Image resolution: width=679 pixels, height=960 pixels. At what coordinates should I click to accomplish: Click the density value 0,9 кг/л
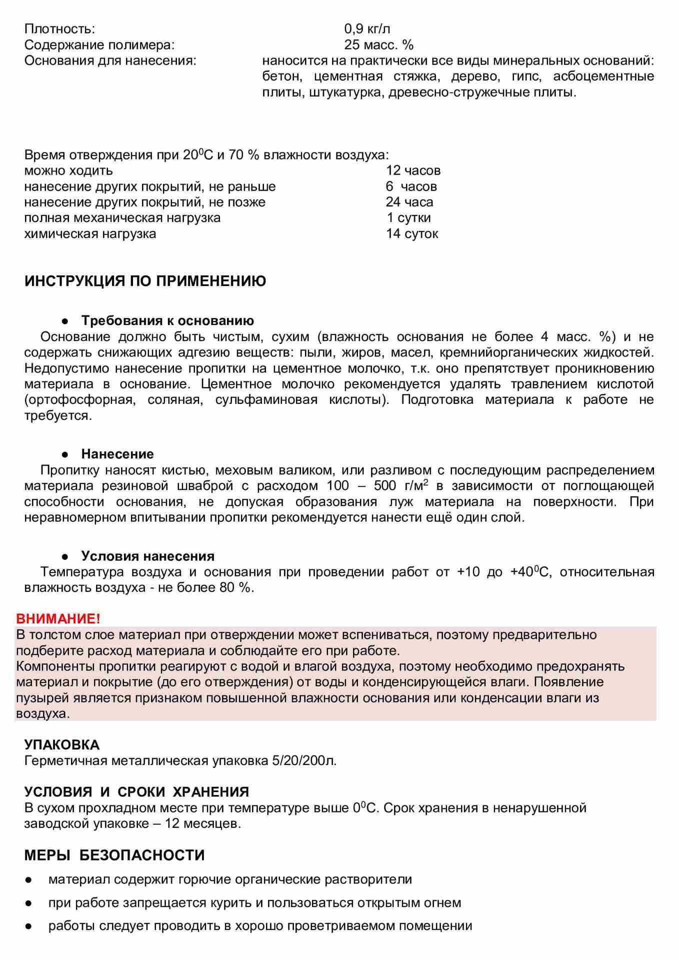[367, 29]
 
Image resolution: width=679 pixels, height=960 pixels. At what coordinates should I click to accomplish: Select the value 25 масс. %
[378, 45]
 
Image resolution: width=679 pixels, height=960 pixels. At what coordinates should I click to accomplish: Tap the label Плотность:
[59, 29]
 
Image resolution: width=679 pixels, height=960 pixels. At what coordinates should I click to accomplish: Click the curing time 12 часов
[413, 170]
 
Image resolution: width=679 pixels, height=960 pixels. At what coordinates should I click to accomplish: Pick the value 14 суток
[412, 233]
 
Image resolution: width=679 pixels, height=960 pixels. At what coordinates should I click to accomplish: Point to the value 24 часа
[409, 202]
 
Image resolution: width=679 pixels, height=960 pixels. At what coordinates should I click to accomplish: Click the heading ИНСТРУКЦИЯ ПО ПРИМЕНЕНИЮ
[145, 281]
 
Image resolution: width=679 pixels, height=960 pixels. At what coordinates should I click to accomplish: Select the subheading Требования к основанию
[167, 320]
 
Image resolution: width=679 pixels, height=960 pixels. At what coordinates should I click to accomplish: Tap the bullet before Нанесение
[64, 454]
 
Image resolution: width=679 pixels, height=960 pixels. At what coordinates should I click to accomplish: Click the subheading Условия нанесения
[147, 556]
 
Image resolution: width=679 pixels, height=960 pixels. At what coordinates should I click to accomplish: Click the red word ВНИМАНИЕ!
[58, 618]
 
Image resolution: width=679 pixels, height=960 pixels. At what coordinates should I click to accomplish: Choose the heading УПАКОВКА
[62, 744]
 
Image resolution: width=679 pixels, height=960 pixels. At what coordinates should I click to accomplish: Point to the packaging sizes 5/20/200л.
[304, 760]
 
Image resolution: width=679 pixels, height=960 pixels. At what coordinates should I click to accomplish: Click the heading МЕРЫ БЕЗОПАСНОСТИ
[114, 855]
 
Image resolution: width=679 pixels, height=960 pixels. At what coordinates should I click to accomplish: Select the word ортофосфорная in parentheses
[79, 400]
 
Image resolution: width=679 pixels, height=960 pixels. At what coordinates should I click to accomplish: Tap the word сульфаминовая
[266, 400]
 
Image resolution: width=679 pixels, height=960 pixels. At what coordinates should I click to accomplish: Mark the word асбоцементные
[603, 76]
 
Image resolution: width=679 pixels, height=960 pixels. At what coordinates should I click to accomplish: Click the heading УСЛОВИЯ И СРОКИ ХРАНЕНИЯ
[136, 792]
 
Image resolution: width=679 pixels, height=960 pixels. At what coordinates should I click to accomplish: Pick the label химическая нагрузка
[90, 233]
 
